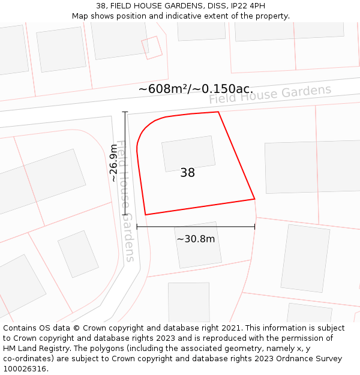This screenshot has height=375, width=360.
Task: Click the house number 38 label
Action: (187, 173)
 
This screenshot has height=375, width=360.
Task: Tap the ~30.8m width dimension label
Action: (196, 239)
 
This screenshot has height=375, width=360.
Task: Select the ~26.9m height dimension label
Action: (113, 163)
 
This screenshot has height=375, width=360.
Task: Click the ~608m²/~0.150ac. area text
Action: (196, 89)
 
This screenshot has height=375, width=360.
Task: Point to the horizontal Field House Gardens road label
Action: (270, 94)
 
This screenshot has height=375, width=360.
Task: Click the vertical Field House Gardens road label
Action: (125, 201)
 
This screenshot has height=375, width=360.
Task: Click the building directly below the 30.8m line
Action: (198, 245)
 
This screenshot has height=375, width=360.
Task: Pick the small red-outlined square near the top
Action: (152, 47)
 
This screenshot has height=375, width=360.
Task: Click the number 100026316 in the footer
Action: (26, 369)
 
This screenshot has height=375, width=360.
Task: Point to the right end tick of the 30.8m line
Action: (254, 227)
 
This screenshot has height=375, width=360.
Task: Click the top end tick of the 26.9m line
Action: (125, 112)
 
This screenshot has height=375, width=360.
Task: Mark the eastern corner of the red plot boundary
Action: (254, 199)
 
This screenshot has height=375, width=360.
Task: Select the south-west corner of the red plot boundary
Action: (145, 214)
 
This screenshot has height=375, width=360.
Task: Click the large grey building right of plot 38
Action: (312, 167)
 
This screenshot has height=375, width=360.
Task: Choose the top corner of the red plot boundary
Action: (218, 112)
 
